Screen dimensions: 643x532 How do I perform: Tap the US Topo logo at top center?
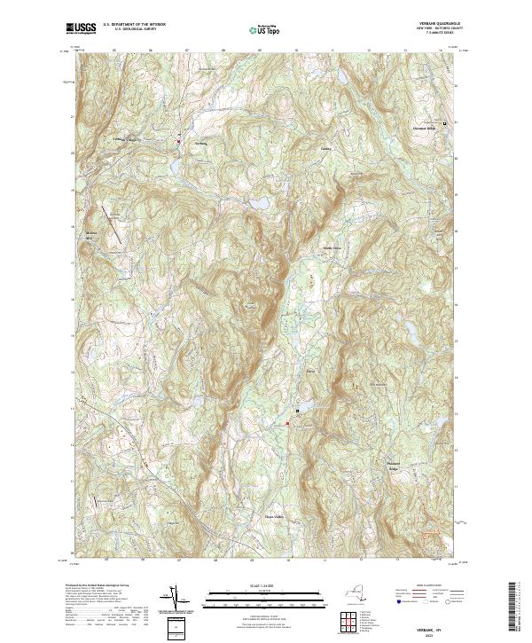pyautogui.click(x=265, y=29)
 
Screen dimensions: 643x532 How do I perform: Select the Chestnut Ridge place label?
pyautogui.click(x=426, y=128)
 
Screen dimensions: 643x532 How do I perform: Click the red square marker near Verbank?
pyautogui.click(x=178, y=141)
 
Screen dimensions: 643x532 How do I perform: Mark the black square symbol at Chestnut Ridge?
pyautogui.click(x=444, y=122)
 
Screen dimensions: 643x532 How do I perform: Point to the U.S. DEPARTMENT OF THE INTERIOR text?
pyautogui.click(x=133, y=26)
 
